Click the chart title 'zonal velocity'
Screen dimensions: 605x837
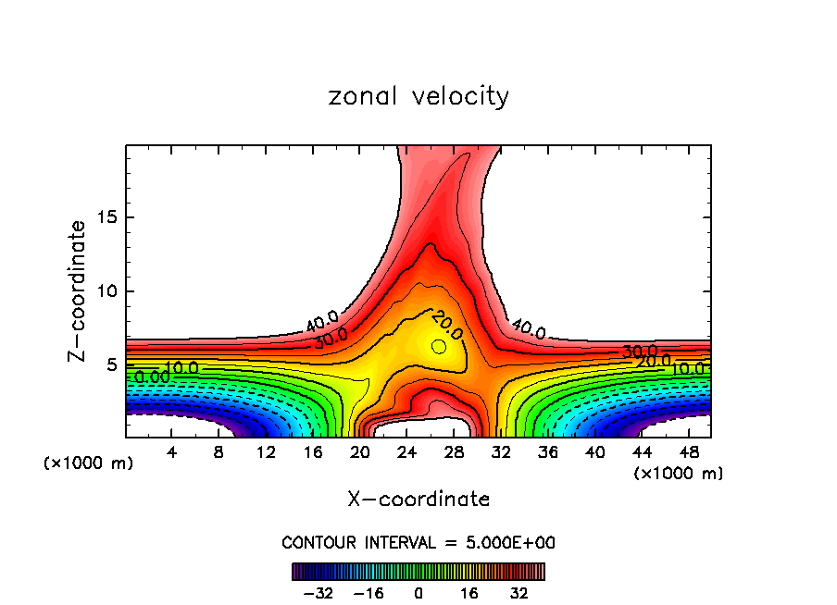tap(418, 96)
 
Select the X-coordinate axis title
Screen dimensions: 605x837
tap(418, 500)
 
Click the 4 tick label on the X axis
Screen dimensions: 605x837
tap(172, 452)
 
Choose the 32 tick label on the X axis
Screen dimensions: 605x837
tap(502, 452)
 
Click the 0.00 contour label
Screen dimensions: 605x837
tap(152, 377)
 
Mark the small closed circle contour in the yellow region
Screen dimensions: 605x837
tap(439, 346)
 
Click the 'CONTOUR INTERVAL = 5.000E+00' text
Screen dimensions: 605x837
tap(418, 542)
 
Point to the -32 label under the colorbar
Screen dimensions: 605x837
tap(320, 593)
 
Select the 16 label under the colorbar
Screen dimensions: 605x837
tap(468, 593)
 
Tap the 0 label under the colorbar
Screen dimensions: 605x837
tap(418, 593)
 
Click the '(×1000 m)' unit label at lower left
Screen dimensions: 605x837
tap(89, 463)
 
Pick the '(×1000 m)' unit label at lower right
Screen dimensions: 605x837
tap(679, 474)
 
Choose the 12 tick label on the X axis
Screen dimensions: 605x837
tap(267, 452)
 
